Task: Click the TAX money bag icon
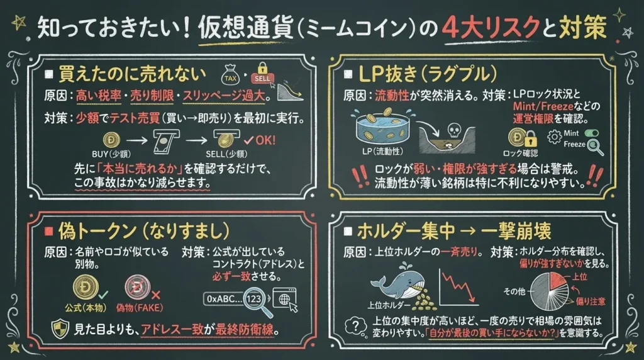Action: coord(230,75)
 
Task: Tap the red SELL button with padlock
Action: coord(262,74)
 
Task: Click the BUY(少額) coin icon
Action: coord(112,140)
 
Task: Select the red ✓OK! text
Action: coord(260,140)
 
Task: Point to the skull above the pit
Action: coord(453,131)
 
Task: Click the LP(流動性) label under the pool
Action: coord(382,151)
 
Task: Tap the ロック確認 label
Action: coord(520,154)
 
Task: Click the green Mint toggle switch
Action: coord(591,133)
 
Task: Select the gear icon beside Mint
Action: coord(555,137)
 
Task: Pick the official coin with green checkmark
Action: coord(86,287)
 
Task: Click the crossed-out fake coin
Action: coord(138,287)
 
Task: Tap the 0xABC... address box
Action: coord(225,299)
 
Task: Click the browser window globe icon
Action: coord(284,299)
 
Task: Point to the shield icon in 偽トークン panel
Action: coord(60,329)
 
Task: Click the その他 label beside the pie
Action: coord(514,291)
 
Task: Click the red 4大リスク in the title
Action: coord(491,28)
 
